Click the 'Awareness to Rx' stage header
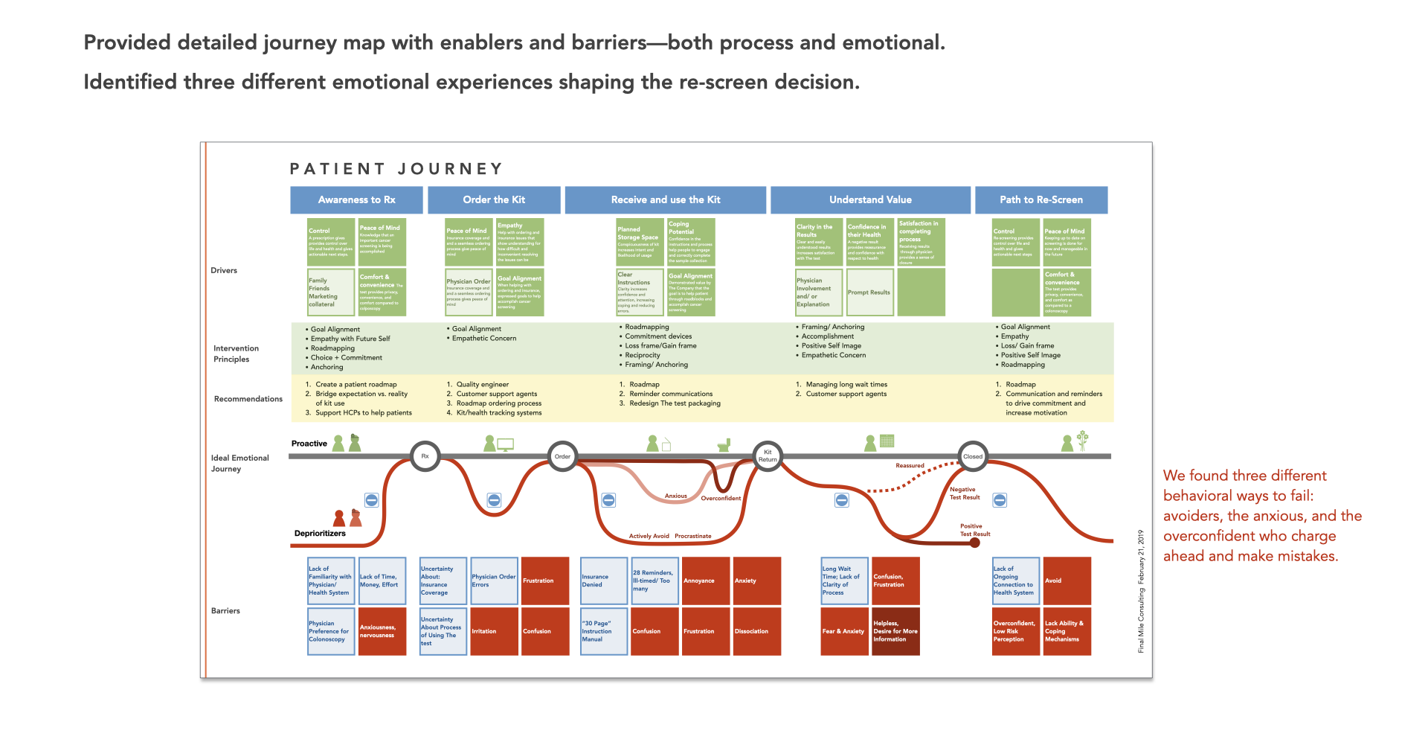coord(356,199)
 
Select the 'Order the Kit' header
coord(494,199)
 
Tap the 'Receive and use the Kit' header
coord(665,199)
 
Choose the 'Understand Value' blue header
coord(870,199)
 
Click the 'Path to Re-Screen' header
coord(1041,199)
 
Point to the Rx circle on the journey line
coord(425,456)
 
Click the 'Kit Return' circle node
coord(768,455)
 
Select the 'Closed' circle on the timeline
coord(972,456)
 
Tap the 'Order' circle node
coord(562,456)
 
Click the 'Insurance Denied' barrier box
coord(604,581)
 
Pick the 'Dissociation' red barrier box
coord(756,631)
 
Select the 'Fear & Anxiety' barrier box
coord(844,631)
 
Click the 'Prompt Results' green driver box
coord(869,293)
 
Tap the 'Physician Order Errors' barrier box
coord(494,581)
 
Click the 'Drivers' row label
coord(224,270)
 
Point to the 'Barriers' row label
coord(225,610)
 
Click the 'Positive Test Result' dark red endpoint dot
coord(975,543)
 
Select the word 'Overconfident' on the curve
coord(721,498)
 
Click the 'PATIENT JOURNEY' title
coord(396,169)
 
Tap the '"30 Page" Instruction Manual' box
coord(604,631)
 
